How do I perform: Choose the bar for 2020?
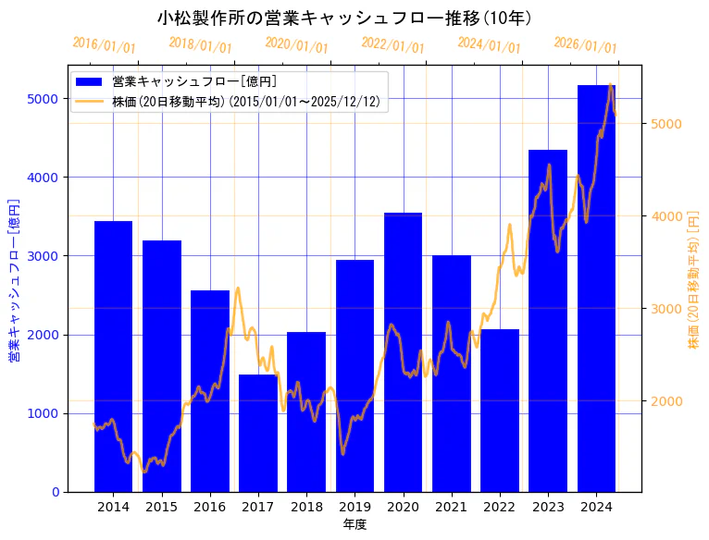(403, 352)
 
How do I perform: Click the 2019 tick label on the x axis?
(354, 507)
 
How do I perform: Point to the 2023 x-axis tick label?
(548, 507)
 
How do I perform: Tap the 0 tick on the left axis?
(55, 492)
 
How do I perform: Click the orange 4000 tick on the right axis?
(667, 216)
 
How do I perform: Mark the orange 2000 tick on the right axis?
(667, 401)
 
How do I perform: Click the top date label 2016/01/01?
(104, 45)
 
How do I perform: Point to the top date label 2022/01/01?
(392, 45)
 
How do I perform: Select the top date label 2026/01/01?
(585, 45)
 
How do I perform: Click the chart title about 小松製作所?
(344, 18)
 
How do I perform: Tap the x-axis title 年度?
(354, 524)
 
